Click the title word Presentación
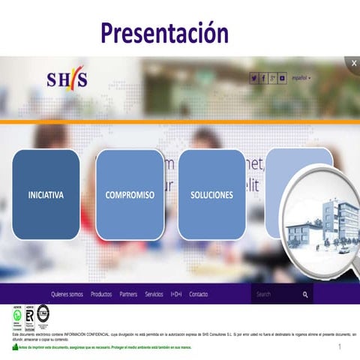pyautogui.click(x=164, y=32)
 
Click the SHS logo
pyautogui.click(x=67, y=79)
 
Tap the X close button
pyautogui.click(x=354, y=64)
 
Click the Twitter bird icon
pyautogui.click(x=254, y=78)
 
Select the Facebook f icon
pyautogui.click(x=263, y=78)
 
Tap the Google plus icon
pyautogui.click(x=273, y=78)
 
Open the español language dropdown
pyautogui.click(x=301, y=78)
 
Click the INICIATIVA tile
pyautogui.click(x=46, y=195)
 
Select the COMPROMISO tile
pyautogui.click(x=130, y=195)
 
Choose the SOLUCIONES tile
pyautogui.click(x=211, y=195)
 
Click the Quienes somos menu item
pyautogui.click(x=67, y=294)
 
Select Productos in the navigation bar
pyautogui.click(x=101, y=294)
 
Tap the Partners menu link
pyautogui.click(x=128, y=294)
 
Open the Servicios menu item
pyautogui.click(x=154, y=294)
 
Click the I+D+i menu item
pyautogui.click(x=176, y=294)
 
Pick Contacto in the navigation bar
pyautogui.click(x=199, y=294)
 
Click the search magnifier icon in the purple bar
pyautogui.click(x=305, y=295)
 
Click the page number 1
pyautogui.click(x=340, y=346)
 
